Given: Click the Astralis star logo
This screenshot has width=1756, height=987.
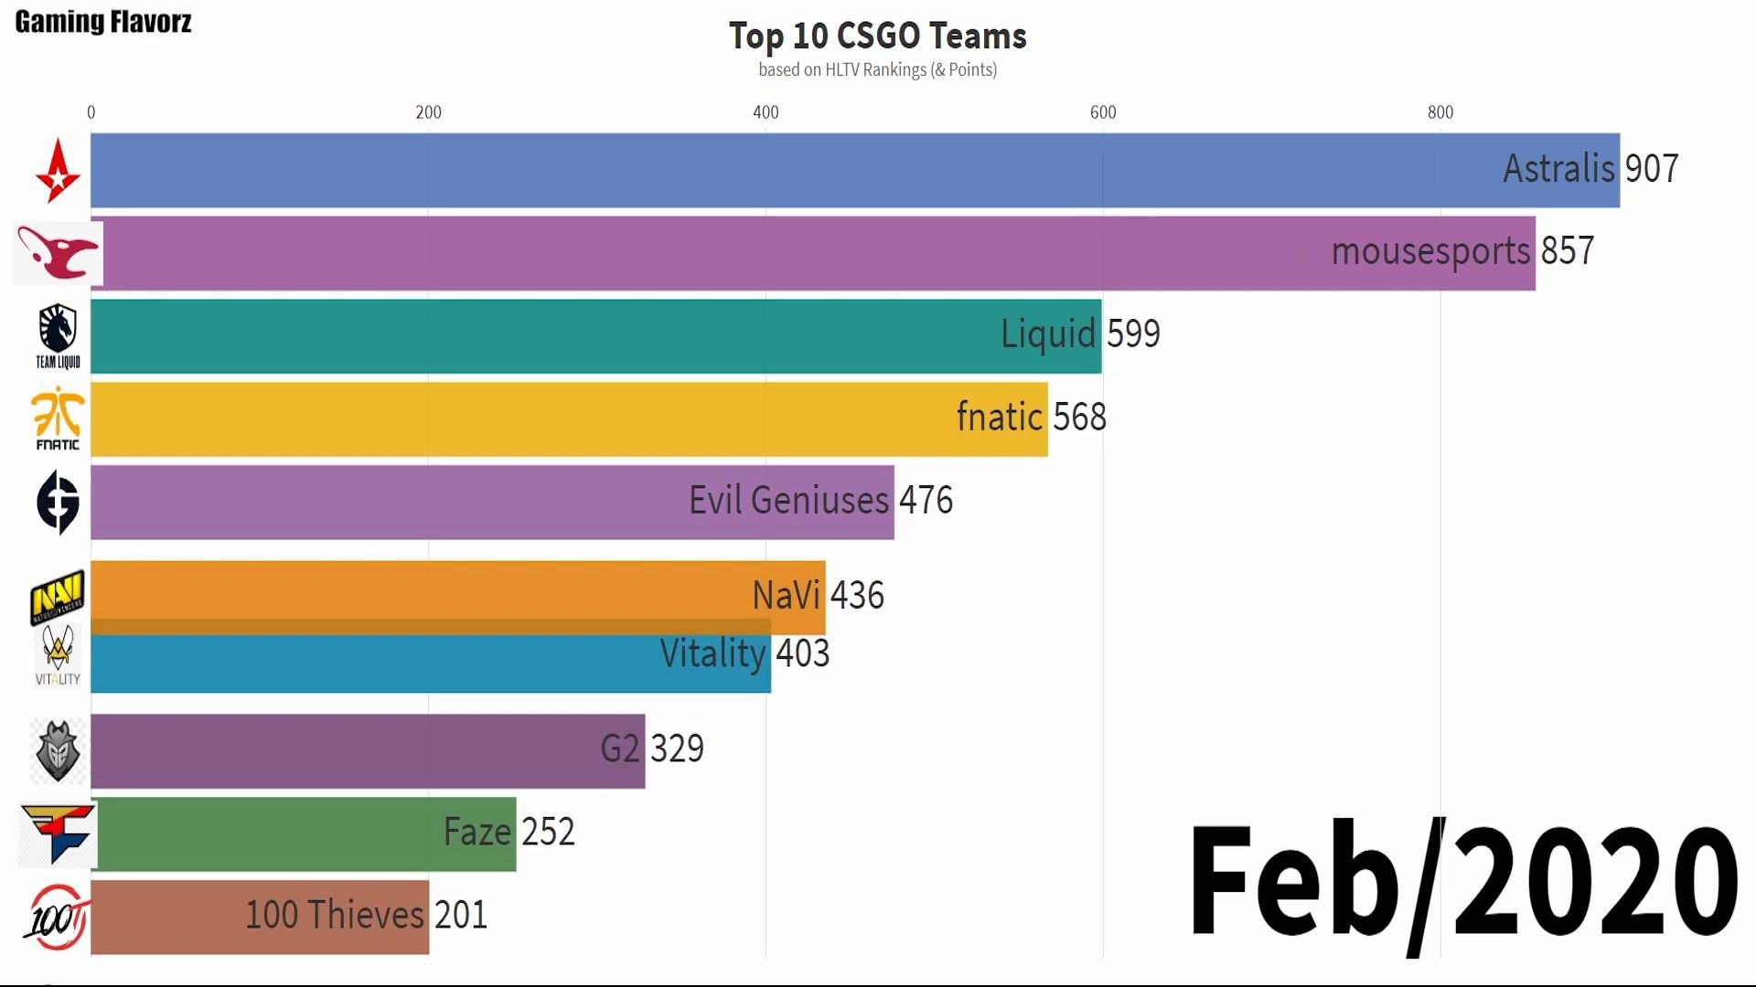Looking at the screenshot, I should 58,171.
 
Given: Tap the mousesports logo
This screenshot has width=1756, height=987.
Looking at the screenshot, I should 58,253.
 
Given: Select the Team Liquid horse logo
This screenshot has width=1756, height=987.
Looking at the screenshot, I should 58,334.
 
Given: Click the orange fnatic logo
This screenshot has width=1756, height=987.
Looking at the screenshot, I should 58,418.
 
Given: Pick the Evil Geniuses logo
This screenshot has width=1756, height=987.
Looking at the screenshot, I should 58,502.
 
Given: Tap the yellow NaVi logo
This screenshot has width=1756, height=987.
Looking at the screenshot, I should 58,596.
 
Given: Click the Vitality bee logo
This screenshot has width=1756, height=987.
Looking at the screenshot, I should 58,654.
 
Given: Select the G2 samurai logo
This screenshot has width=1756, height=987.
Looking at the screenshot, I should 58,751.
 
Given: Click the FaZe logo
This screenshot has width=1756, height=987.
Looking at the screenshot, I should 58,833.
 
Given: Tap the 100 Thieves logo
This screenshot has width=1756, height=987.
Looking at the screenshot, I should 58,917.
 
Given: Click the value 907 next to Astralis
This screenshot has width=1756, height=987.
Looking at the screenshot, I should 1651,169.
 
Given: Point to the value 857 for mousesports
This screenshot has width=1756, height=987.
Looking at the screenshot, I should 1567,251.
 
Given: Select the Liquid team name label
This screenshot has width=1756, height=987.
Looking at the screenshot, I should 1047,334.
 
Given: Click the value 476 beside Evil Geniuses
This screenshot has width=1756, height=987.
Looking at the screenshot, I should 926,501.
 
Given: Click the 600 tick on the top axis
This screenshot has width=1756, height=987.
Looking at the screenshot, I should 1103,112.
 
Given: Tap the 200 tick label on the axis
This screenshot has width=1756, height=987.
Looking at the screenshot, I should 428,112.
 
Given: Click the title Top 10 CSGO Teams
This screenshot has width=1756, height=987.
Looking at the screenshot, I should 877,37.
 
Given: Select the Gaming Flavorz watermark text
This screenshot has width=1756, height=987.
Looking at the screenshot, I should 103,22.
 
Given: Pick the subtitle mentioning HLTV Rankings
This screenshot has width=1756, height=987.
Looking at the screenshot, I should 877,70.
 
